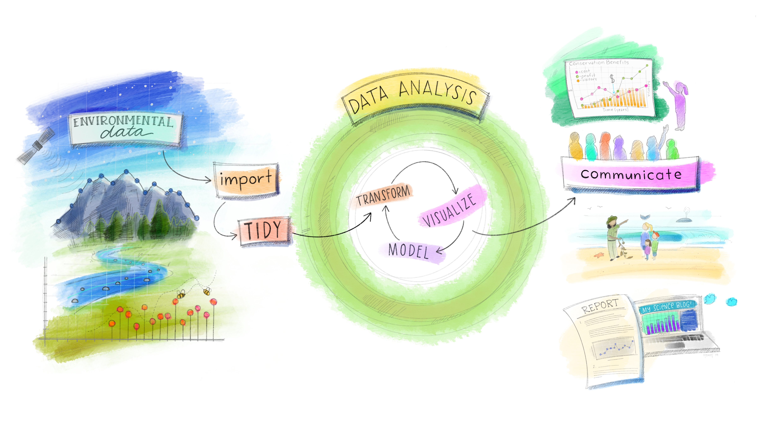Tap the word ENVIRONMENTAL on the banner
tap(123, 121)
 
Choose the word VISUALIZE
tap(449, 210)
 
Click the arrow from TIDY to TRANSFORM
tap(333, 232)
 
